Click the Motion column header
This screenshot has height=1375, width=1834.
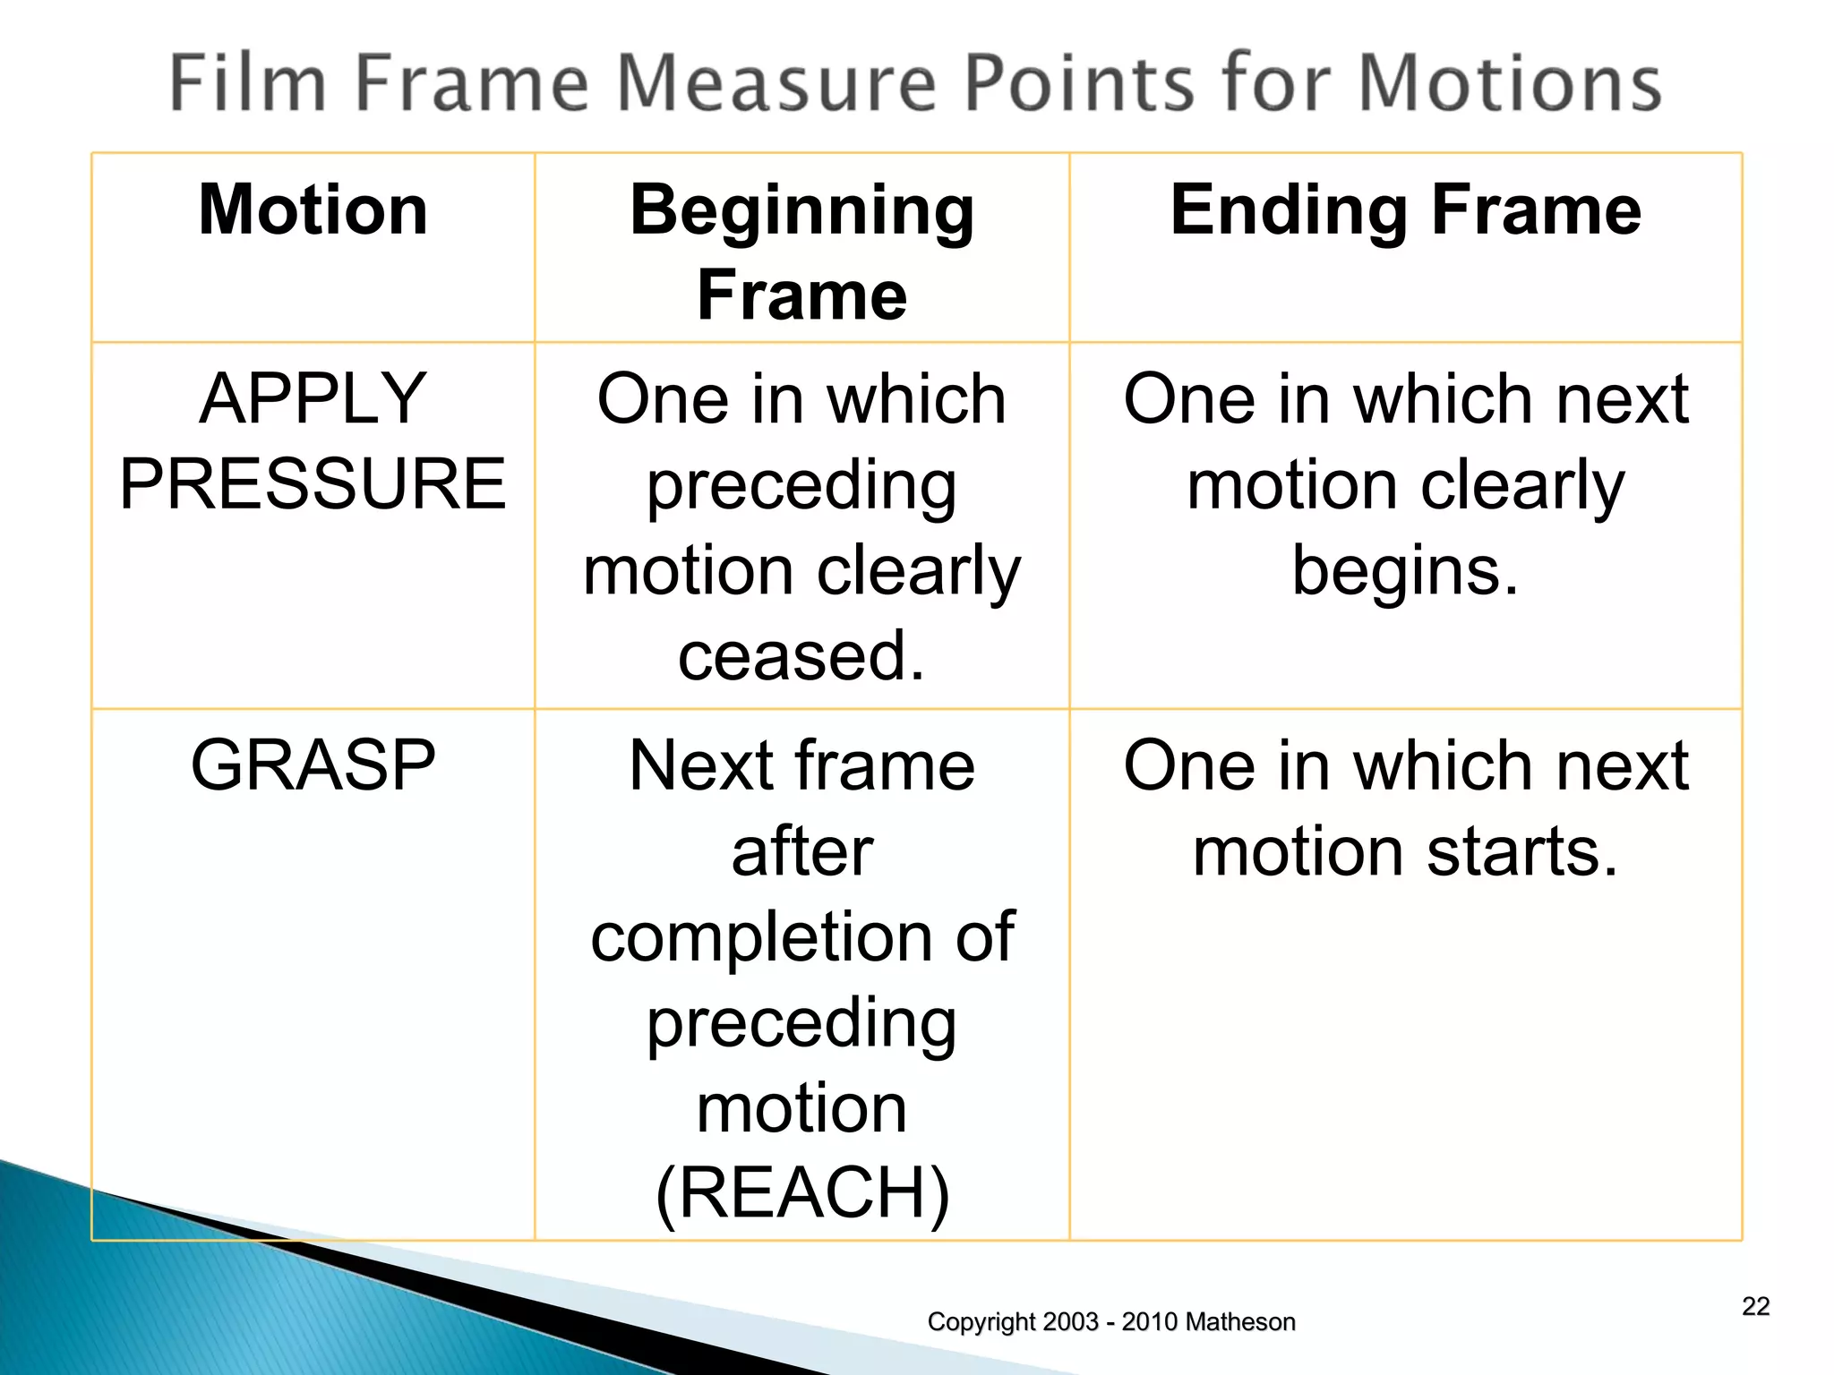pos(313,209)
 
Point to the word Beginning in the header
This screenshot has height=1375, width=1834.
pos(801,211)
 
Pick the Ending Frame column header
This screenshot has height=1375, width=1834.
pos(1405,209)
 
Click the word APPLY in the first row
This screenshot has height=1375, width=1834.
pos(313,398)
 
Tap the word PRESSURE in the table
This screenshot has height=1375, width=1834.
pos(313,483)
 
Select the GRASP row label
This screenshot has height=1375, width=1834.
pos(313,765)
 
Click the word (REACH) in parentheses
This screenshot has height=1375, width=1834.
pos(801,1192)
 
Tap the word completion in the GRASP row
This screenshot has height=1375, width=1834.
pos(761,937)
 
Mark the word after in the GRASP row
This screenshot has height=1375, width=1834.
pos(801,851)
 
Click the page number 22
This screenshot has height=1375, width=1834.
pos(1755,1306)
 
